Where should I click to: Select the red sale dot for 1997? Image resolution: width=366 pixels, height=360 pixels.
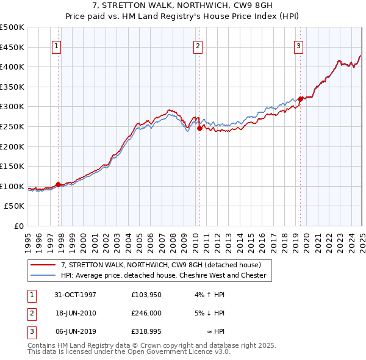[x=59, y=184]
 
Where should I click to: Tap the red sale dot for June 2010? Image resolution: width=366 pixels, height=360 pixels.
[x=199, y=128]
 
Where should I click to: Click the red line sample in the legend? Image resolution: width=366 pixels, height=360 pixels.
[x=45, y=265]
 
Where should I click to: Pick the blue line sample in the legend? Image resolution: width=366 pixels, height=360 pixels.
[x=45, y=275]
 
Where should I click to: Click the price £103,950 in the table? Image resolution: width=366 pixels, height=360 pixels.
[x=146, y=295]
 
